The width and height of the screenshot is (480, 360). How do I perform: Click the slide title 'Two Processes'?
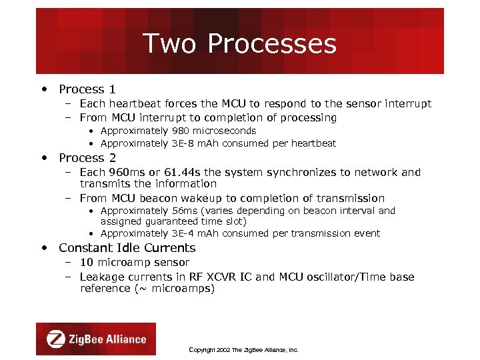point(239,44)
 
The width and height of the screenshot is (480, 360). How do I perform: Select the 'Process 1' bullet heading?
point(87,89)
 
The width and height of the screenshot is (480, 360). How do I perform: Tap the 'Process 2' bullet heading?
point(87,158)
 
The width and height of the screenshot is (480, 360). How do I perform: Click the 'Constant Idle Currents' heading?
point(127,248)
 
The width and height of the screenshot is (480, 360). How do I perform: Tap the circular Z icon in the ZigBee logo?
point(56,339)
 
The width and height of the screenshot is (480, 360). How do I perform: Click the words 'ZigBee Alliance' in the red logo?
point(107,339)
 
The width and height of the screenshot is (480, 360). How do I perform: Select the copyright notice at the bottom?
point(243,349)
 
